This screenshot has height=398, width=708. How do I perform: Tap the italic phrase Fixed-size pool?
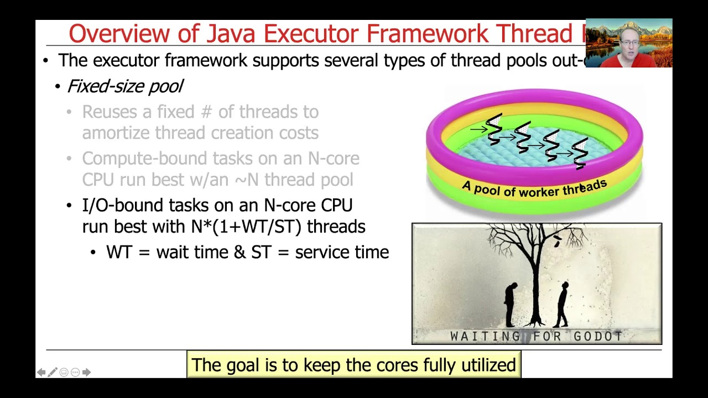(x=124, y=86)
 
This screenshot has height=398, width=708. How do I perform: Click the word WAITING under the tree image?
(x=485, y=336)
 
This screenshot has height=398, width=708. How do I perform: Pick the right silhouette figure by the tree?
(x=563, y=304)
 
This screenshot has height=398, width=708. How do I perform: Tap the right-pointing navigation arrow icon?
(x=86, y=373)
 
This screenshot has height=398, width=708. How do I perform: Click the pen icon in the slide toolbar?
(x=53, y=373)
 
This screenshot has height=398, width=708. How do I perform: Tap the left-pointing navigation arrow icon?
(x=41, y=373)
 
